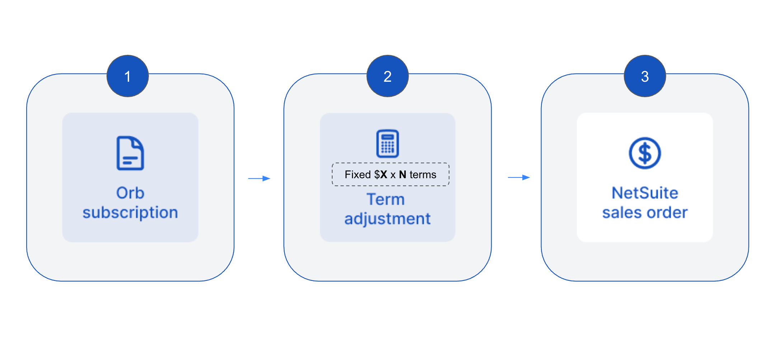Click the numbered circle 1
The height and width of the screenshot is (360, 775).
point(128,76)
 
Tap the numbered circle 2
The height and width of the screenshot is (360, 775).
point(387,76)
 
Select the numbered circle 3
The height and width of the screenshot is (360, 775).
point(645,76)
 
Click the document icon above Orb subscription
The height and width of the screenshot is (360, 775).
point(130,153)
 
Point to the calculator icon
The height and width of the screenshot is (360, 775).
point(387,143)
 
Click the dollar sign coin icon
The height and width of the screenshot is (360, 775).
point(645,153)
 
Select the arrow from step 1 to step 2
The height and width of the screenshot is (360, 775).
point(259,178)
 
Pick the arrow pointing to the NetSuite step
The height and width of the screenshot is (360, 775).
point(519,177)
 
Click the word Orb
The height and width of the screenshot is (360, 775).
point(130,193)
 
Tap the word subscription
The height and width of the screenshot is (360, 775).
point(130,213)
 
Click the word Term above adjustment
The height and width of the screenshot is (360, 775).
point(386,199)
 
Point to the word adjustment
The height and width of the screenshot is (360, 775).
point(387,219)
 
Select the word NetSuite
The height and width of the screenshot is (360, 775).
point(645,193)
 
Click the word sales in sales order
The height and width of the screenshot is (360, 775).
point(622,213)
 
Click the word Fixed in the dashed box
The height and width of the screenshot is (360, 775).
point(358,175)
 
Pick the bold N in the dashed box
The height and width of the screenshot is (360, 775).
point(403,175)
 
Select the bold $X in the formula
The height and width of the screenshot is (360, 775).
point(381,175)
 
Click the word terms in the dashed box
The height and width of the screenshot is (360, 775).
point(423,175)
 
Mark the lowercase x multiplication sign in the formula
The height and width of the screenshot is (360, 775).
point(393,175)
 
